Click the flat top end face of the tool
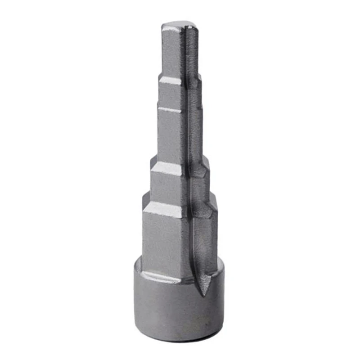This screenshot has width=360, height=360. (179, 25)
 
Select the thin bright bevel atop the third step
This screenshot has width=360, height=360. (170, 109)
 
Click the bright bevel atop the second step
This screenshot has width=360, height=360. (171, 81)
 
